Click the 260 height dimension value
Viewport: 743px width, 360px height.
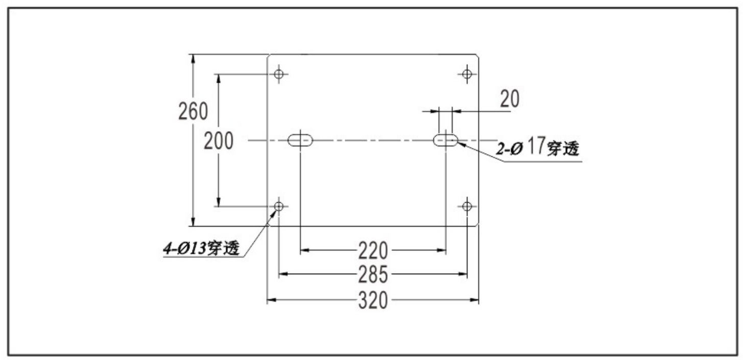(193, 111)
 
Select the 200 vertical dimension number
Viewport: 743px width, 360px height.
(219, 141)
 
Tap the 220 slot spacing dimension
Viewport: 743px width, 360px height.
(373, 251)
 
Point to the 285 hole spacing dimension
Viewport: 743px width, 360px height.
(373, 274)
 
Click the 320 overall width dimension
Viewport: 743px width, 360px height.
(373, 300)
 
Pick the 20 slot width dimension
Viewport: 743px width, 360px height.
(510, 99)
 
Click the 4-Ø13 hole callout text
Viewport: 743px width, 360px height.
(201, 248)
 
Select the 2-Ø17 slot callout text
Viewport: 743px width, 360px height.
(538, 147)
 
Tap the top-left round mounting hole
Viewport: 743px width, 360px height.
(279, 74)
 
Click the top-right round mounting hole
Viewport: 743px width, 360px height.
(467, 74)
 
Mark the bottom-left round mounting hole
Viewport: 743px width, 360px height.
(279, 206)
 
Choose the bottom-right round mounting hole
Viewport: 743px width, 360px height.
(467, 206)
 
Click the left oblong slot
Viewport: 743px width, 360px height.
(300, 140)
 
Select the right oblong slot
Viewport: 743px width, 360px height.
(445, 140)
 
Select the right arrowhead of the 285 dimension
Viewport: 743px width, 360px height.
(462, 274)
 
